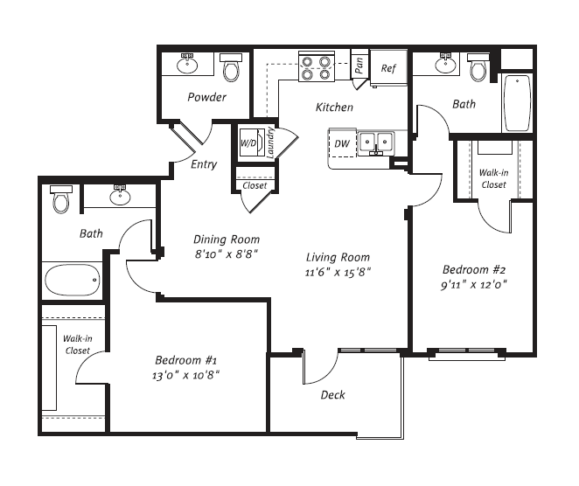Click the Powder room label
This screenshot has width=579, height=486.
coord(206,97)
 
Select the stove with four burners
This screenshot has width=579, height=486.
coord(316,67)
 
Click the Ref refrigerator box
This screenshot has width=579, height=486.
coord(388,68)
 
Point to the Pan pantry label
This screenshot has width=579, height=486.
coord(359,64)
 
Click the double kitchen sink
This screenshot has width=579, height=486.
coord(377,141)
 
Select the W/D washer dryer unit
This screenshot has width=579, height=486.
coord(249,142)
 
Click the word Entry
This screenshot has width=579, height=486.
coord(204,164)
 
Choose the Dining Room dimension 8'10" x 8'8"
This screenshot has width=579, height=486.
coord(226,254)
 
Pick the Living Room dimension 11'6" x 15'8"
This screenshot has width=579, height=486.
coord(338,272)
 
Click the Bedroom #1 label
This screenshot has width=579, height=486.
coord(187,360)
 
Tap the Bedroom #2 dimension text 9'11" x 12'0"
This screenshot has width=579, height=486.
coord(474,284)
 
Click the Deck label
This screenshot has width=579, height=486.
coord(332,395)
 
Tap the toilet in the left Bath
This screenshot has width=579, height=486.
coord(60,201)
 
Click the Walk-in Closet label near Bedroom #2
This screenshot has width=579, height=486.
coord(493,179)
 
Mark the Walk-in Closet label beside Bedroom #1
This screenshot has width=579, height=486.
coord(77,345)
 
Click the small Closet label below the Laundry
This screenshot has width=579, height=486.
coord(255,185)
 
